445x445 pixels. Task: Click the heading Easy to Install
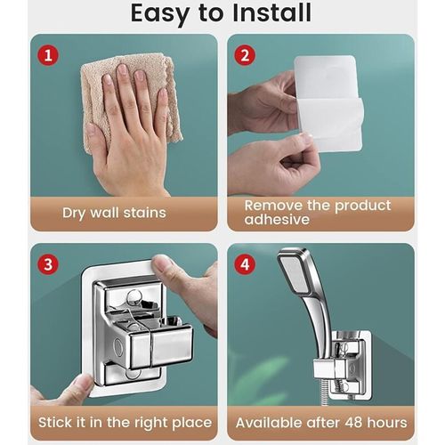(x=222, y=13)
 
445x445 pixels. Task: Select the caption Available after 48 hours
(x=321, y=422)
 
